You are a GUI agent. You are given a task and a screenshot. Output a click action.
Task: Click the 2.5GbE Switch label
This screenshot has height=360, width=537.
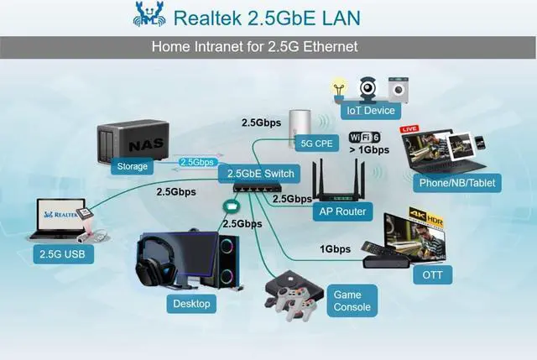tap(259, 174)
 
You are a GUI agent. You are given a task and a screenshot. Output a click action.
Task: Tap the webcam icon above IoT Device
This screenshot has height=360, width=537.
tap(369, 87)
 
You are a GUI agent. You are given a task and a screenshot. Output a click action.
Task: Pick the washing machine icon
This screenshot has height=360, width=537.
tap(398, 88)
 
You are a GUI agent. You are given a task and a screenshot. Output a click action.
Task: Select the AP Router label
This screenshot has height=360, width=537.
tap(342, 211)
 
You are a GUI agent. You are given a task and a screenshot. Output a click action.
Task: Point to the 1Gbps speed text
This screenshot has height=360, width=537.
tap(336, 249)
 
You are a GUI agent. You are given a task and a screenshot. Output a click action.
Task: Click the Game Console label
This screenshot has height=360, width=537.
tap(352, 301)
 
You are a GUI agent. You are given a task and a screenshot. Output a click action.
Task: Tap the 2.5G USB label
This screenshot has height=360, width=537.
tap(61, 253)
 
